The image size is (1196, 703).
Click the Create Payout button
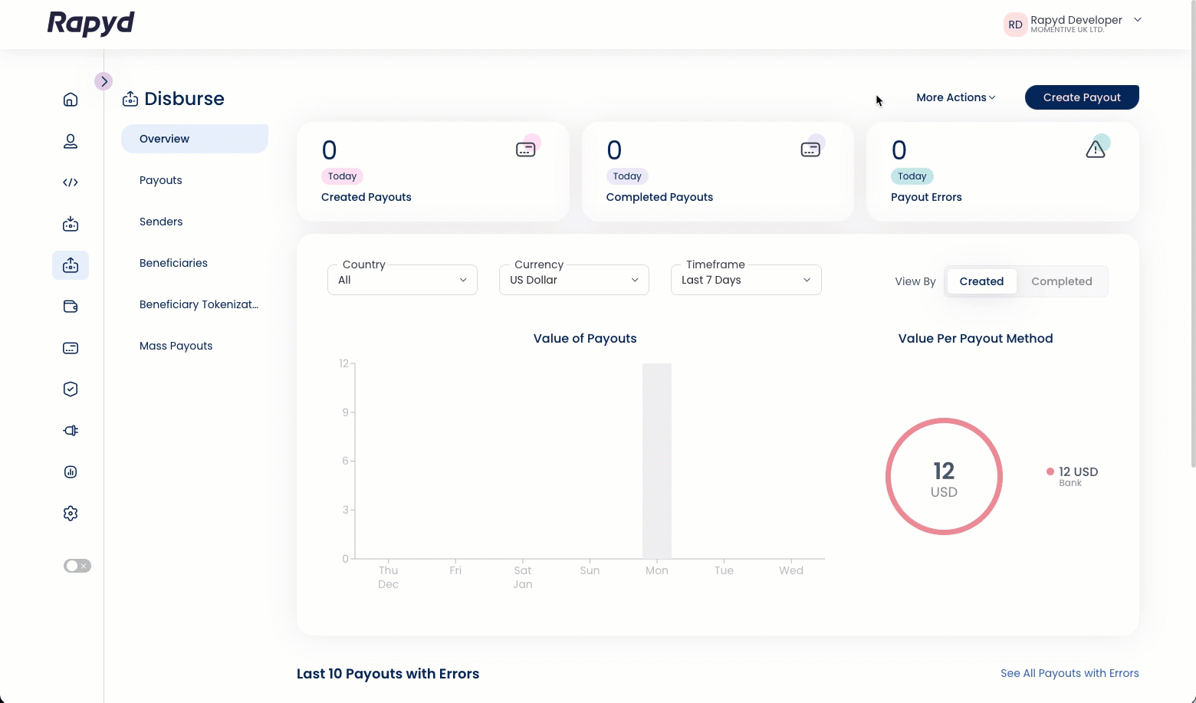[1081, 97]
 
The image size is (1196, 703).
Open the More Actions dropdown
[955, 97]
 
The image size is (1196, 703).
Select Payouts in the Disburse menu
[161, 180]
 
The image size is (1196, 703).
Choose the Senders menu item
[161, 222]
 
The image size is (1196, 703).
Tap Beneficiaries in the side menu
[173, 263]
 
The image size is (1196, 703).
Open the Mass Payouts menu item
[176, 346]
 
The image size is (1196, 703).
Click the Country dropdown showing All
[402, 280]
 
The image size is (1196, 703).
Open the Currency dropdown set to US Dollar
[573, 280]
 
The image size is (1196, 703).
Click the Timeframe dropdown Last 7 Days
[745, 280]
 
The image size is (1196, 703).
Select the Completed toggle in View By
[1061, 281]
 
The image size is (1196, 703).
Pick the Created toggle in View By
[981, 281]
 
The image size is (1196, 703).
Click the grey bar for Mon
[657, 460]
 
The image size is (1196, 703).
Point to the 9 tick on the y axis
[346, 412]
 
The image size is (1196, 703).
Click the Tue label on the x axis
[724, 570]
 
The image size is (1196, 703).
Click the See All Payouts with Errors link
[1069, 673]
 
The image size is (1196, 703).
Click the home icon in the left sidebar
[71, 100]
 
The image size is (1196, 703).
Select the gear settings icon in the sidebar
[71, 514]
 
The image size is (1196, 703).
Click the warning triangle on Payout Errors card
[1096, 149]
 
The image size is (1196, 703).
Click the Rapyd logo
[91, 24]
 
